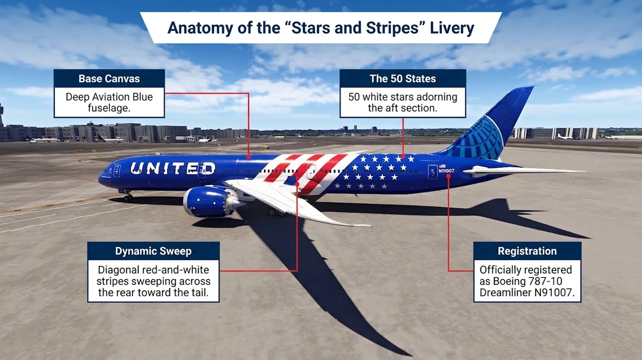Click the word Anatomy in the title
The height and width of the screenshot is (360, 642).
point(200,28)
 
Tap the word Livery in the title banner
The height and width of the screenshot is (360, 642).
point(452,28)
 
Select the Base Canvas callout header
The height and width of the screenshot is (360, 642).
point(109,79)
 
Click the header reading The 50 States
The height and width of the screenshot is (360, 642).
point(403,79)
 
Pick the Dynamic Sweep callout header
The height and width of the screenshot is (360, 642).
point(153,251)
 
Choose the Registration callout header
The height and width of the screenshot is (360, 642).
point(527,251)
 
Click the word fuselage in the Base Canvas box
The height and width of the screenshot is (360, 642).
point(108,108)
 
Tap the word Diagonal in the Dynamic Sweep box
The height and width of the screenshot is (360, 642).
point(119,270)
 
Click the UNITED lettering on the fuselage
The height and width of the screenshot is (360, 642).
point(173,168)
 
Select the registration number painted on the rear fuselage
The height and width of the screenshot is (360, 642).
point(447,171)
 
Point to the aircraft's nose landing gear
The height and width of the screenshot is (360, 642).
point(127,195)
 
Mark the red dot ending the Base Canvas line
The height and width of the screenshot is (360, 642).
point(248,157)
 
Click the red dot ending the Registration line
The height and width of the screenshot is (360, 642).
point(448,176)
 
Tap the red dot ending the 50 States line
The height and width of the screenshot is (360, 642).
point(403,156)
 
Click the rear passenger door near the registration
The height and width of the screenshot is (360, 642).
point(433,172)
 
